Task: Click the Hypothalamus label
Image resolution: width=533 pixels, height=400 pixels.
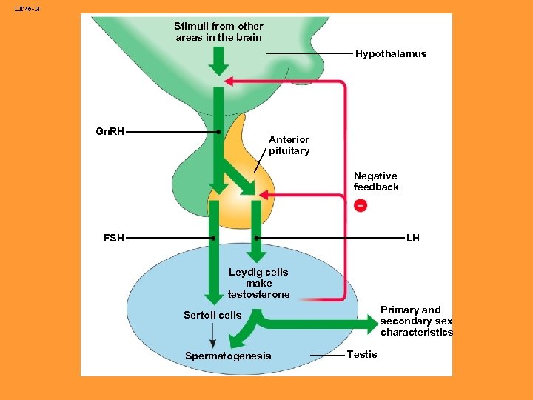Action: (x=390, y=54)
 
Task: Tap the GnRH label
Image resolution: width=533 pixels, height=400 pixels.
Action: (x=110, y=132)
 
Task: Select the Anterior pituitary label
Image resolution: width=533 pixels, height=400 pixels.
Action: (x=289, y=145)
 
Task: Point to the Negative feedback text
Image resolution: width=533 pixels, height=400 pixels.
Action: (x=375, y=181)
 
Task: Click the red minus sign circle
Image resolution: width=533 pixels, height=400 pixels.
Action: (x=360, y=205)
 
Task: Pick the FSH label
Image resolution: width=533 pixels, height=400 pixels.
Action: (x=113, y=239)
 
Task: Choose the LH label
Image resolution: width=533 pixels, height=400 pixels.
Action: (x=412, y=239)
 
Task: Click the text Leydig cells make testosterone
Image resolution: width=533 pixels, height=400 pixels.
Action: (x=258, y=283)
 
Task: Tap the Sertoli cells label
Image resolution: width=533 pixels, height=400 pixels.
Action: (x=212, y=316)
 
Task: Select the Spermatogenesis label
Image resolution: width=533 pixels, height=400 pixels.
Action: (x=228, y=356)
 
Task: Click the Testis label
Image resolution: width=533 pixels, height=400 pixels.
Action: (x=362, y=355)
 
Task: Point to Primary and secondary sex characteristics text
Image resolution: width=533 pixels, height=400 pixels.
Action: (x=416, y=321)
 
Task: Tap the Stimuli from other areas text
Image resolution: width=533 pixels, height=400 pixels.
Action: (x=218, y=32)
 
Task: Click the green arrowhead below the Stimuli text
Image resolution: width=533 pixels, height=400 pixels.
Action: (x=218, y=68)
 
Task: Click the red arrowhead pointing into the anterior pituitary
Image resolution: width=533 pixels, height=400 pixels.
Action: (x=264, y=196)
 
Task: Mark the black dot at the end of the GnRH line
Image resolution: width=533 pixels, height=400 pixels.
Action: (x=218, y=133)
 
